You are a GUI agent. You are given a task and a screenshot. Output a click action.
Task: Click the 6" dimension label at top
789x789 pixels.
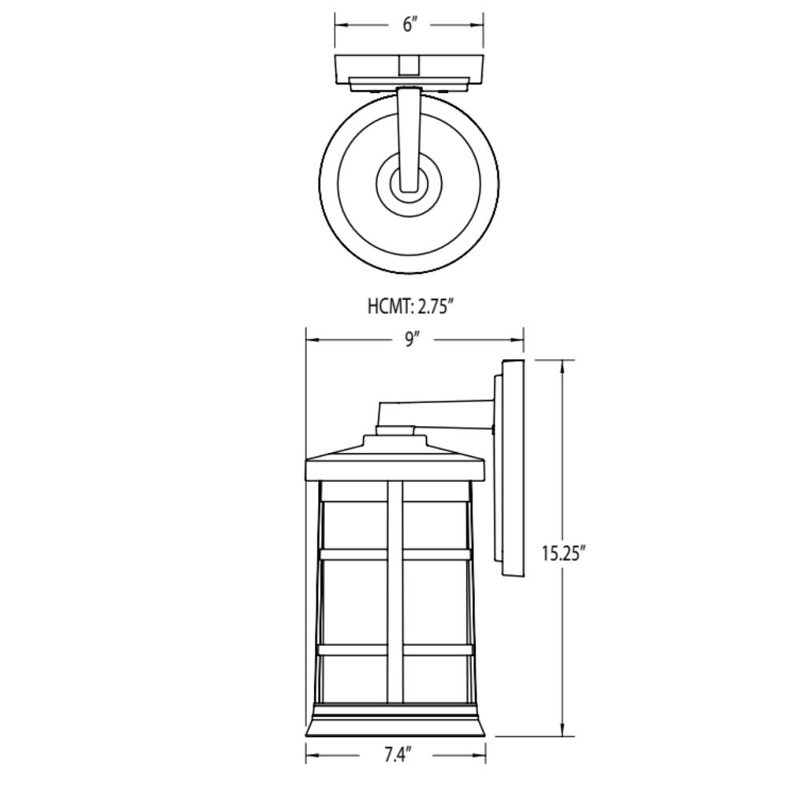tap(409, 24)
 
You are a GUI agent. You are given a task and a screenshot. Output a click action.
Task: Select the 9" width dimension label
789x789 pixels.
tap(411, 340)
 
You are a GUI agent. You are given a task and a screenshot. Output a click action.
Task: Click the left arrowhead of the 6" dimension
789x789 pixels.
tap(340, 24)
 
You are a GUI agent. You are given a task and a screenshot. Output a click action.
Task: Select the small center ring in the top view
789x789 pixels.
tap(409, 188)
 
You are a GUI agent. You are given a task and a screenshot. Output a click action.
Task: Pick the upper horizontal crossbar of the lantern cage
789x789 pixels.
tap(395, 554)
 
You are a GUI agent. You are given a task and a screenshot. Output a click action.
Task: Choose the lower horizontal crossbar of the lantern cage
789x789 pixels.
tap(395, 650)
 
